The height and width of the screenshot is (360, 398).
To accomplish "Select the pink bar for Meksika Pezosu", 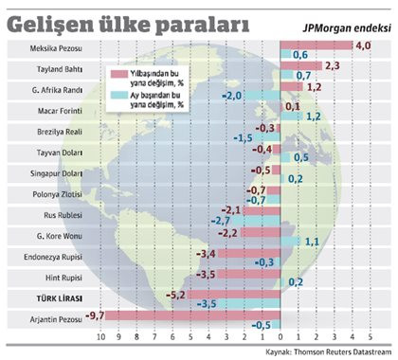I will [x=316, y=45].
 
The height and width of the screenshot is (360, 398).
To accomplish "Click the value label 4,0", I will [x=362, y=45].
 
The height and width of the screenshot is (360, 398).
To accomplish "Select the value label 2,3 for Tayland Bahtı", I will [x=332, y=65].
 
